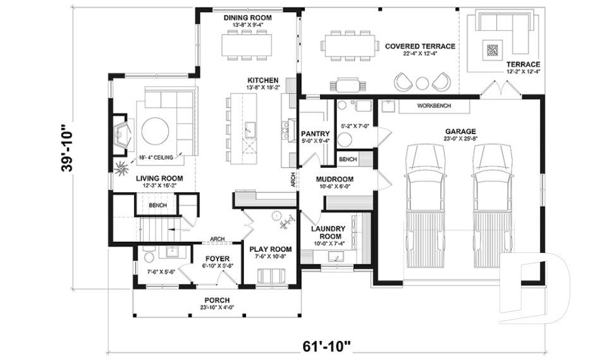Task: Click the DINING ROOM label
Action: point(247,18)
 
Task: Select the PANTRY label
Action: point(315,133)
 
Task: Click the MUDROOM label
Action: point(334,179)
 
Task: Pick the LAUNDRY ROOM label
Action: point(328,232)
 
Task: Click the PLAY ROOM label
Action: point(270,249)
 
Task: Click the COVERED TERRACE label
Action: point(419,47)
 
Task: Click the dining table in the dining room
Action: point(247,44)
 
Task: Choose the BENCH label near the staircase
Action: point(157,206)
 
